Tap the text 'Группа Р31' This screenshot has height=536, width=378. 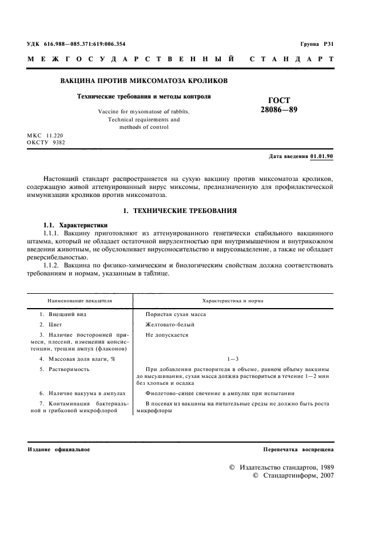[317, 44]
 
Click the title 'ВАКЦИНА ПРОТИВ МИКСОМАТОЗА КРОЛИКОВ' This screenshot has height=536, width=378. [144, 81]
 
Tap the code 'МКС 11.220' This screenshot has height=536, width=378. [47, 135]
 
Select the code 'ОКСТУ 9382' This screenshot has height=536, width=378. [47, 143]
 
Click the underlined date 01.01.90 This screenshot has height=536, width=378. [322, 156]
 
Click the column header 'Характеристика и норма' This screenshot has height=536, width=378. [233, 300]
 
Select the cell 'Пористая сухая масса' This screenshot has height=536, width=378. [176, 314]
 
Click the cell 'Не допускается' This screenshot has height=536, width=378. [166, 335]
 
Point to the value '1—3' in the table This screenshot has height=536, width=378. [233, 359]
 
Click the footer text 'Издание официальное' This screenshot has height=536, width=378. [59, 450]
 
